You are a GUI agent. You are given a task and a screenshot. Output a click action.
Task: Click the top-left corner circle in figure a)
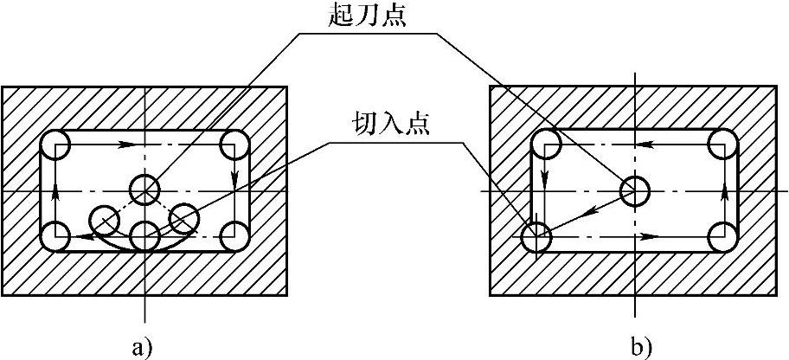(x=55, y=144)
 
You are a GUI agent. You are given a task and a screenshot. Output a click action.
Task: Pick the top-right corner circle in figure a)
(x=234, y=144)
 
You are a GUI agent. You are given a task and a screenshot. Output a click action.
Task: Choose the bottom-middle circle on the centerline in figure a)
(x=144, y=235)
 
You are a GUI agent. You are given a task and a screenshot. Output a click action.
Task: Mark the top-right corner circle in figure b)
(x=723, y=144)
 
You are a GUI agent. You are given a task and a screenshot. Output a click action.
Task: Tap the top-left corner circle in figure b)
(x=544, y=144)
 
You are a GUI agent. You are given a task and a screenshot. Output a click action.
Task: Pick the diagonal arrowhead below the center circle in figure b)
(x=581, y=210)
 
